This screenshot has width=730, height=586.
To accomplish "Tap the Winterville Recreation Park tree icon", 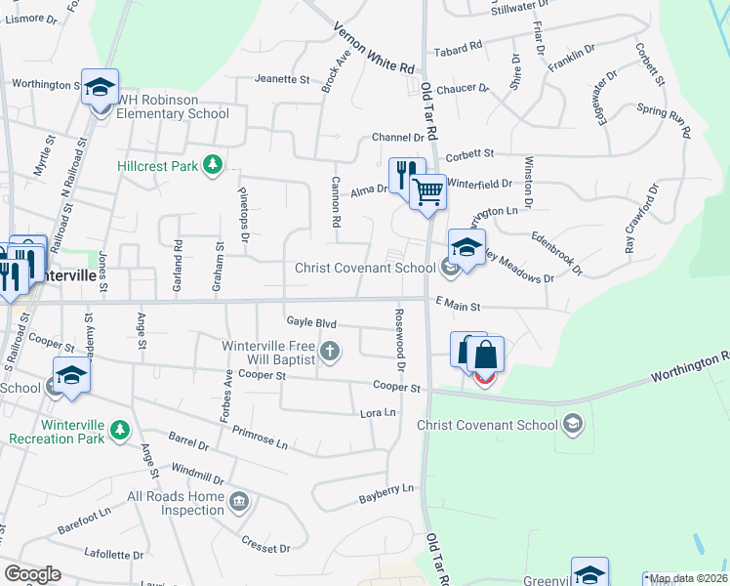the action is point(119,430).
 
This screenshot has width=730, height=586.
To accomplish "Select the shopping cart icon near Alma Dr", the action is point(427,192).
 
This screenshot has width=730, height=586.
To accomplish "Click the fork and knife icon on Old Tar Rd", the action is point(407,176).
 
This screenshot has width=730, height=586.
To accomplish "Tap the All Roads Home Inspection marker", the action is point(240,503).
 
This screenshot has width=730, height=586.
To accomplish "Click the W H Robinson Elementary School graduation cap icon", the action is point(100,88).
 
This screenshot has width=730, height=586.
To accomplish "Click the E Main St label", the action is point(459,306).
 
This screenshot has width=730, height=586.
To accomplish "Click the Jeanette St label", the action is point(281,79).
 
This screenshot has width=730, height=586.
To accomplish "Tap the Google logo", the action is point(32,574).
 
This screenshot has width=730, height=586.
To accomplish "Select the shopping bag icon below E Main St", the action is point(485,356).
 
